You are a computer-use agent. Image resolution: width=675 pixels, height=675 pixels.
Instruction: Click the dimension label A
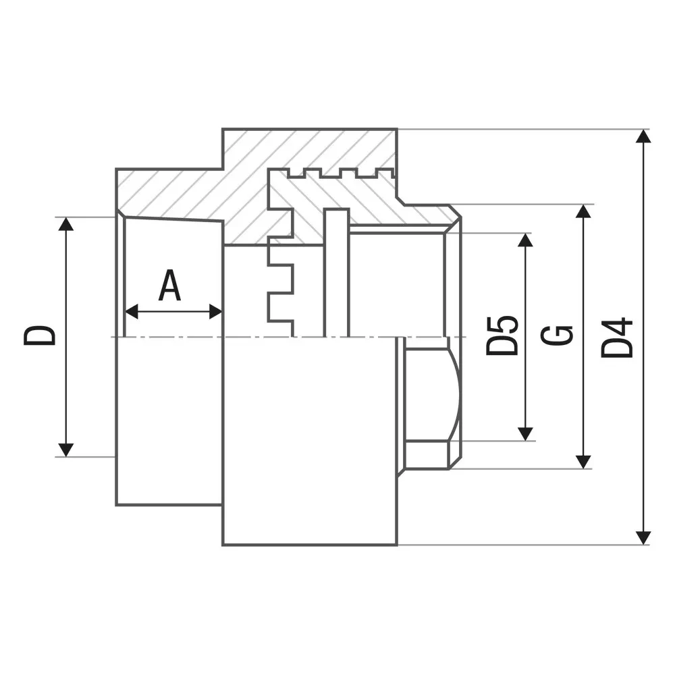[x=169, y=285]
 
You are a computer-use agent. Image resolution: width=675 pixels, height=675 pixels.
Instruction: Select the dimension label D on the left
[x=40, y=335]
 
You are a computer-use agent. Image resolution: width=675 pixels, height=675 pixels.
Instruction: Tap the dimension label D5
[x=502, y=335]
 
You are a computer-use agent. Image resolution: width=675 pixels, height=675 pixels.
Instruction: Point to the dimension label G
[x=557, y=335]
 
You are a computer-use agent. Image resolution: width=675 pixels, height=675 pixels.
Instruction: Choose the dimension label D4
[x=617, y=338]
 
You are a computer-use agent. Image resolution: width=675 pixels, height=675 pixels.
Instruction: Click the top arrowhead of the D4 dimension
[x=643, y=136]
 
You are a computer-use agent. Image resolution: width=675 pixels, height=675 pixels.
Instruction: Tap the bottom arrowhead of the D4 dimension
[x=643, y=538]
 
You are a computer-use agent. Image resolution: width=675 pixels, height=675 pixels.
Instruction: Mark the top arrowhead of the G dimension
[x=583, y=211]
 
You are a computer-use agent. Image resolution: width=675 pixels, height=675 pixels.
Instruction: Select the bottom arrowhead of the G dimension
[x=583, y=462]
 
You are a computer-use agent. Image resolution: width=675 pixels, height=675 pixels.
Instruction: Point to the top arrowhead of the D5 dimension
[x=525, y=240]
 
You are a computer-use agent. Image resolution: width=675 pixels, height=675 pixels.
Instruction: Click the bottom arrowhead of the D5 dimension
[x=525, y=434]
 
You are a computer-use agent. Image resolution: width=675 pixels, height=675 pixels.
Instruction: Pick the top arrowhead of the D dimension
[x=65, y=224]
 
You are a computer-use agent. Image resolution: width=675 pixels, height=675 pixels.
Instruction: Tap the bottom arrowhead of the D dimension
[x=65, y=450]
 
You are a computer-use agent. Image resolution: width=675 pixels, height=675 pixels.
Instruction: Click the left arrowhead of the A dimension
[x=132, y=311]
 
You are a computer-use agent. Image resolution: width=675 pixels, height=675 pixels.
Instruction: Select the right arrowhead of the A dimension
[x=215, y=311]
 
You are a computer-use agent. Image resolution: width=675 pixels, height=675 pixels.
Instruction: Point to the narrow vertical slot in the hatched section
[x=336, y=273]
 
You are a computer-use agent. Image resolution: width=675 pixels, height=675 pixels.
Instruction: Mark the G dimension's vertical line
[x=583, y=337]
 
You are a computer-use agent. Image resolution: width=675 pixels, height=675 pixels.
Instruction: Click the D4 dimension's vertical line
[x=643, y=337]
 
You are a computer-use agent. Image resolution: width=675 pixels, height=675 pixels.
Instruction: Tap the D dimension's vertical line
[x=65, y=337]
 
